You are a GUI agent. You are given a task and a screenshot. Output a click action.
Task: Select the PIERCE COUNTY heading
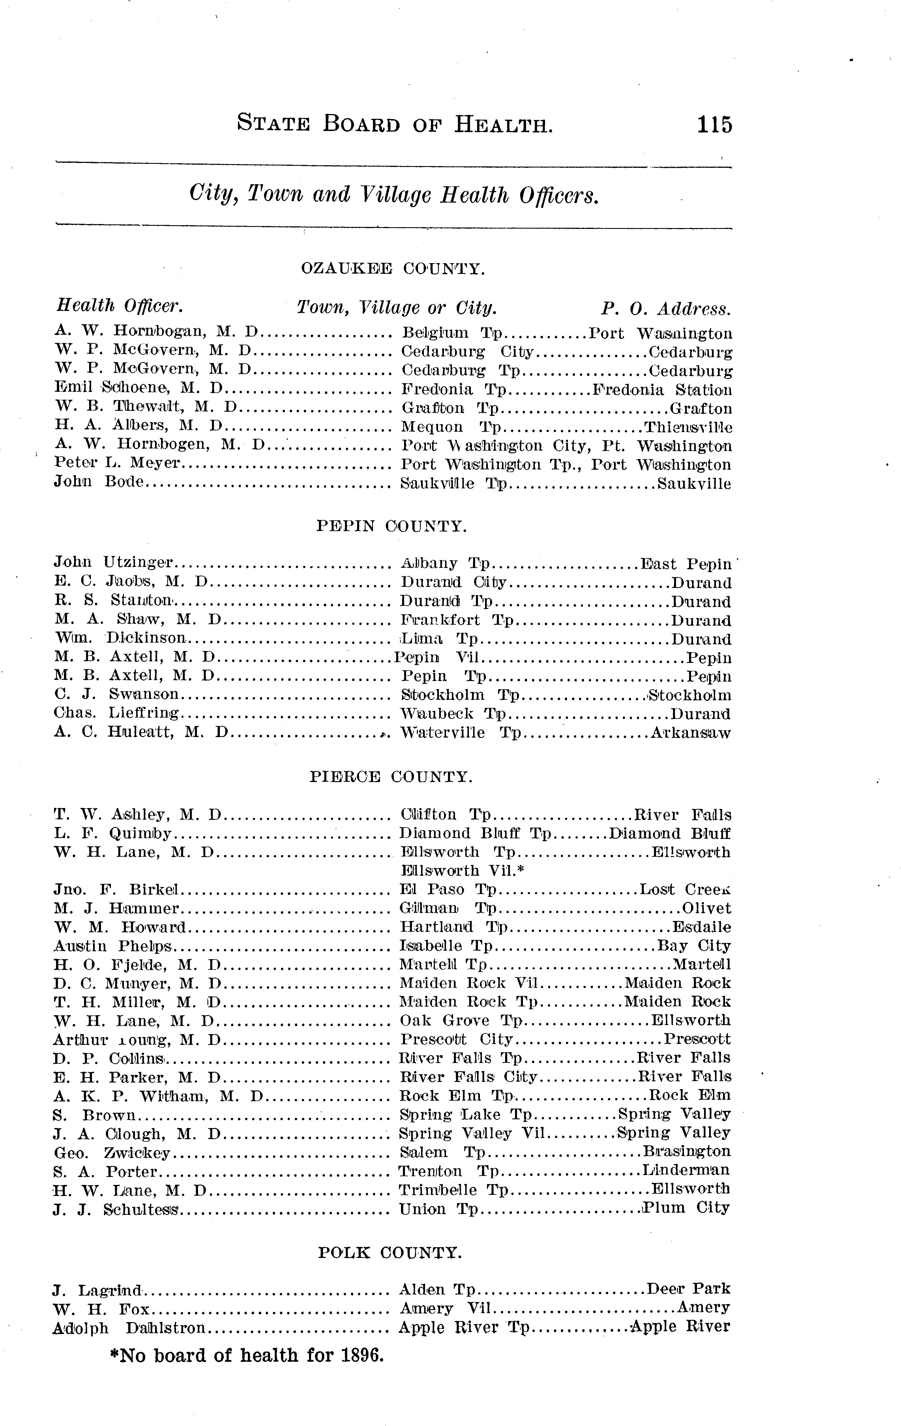click(391, 776)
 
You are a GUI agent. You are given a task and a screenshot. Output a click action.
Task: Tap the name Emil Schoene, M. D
click(138, 389)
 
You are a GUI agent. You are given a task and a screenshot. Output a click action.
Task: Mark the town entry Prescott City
click(456, 1039)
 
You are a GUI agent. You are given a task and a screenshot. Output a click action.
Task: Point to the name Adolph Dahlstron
click(129, 1328)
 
